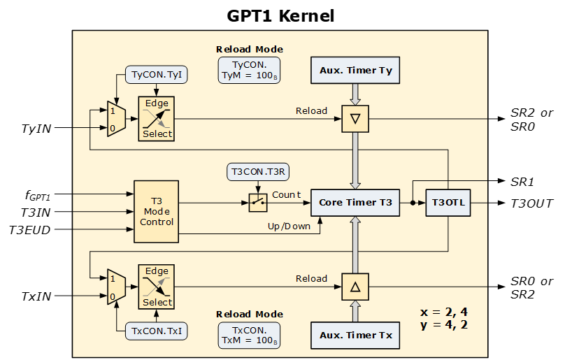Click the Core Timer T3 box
click(355, 203)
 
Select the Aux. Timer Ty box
click(355, 71)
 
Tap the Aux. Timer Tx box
click(355, 336)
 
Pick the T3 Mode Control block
click(156, 212)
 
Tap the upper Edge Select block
click(156, 119)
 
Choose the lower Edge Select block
click(156, 287)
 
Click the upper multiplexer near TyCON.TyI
click(115, 119)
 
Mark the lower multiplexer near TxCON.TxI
click(115, 287)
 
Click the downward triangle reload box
click(355, 119)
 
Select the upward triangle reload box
click(355, 287)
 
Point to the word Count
click(286, 194)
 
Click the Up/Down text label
click(289, 226)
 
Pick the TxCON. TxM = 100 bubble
click(249, 335)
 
